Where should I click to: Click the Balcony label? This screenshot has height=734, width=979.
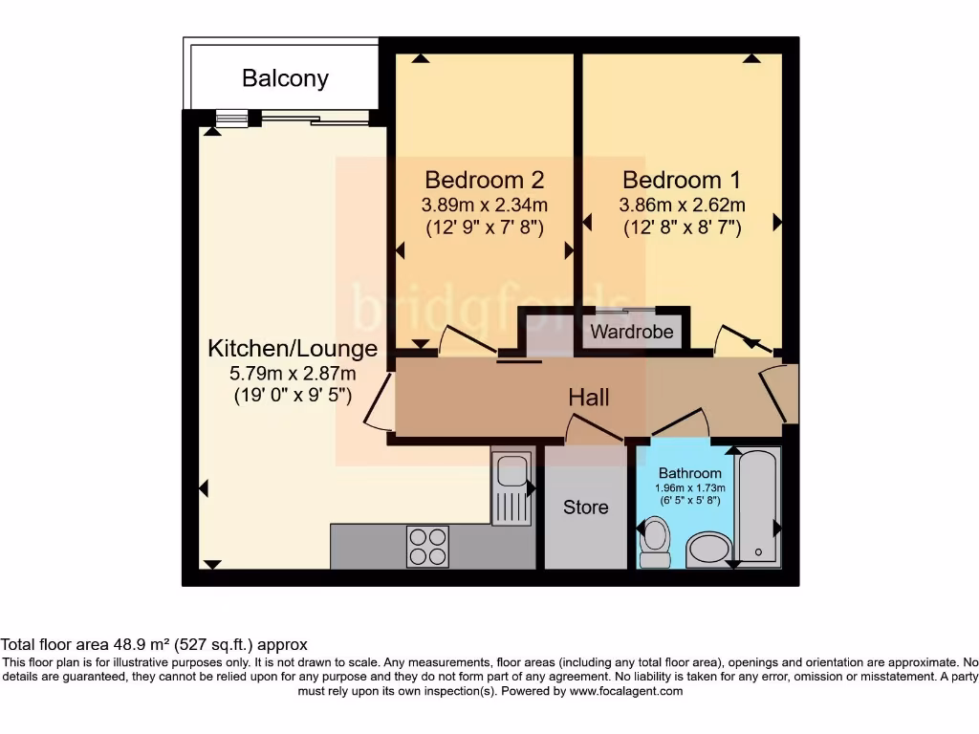(285, 78)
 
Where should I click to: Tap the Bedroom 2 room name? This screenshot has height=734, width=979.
(485, 180)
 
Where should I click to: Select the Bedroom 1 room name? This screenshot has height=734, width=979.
(682, 180)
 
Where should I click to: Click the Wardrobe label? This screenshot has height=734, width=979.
(632, 333)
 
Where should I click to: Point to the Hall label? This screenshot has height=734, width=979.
(589, 398)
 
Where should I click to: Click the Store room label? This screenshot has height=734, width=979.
(585, 507)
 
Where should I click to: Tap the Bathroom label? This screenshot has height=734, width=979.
(690, 473)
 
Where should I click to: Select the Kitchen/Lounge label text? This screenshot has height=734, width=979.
(293, 349)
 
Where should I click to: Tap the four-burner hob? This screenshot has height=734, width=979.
(428, 547)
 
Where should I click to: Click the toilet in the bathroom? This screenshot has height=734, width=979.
(656, 543)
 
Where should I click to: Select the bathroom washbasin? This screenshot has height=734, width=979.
(708, 550)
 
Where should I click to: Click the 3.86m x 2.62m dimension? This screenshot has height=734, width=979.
(682, 205)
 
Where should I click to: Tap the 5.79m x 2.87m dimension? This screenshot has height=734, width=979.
(293, 373)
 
